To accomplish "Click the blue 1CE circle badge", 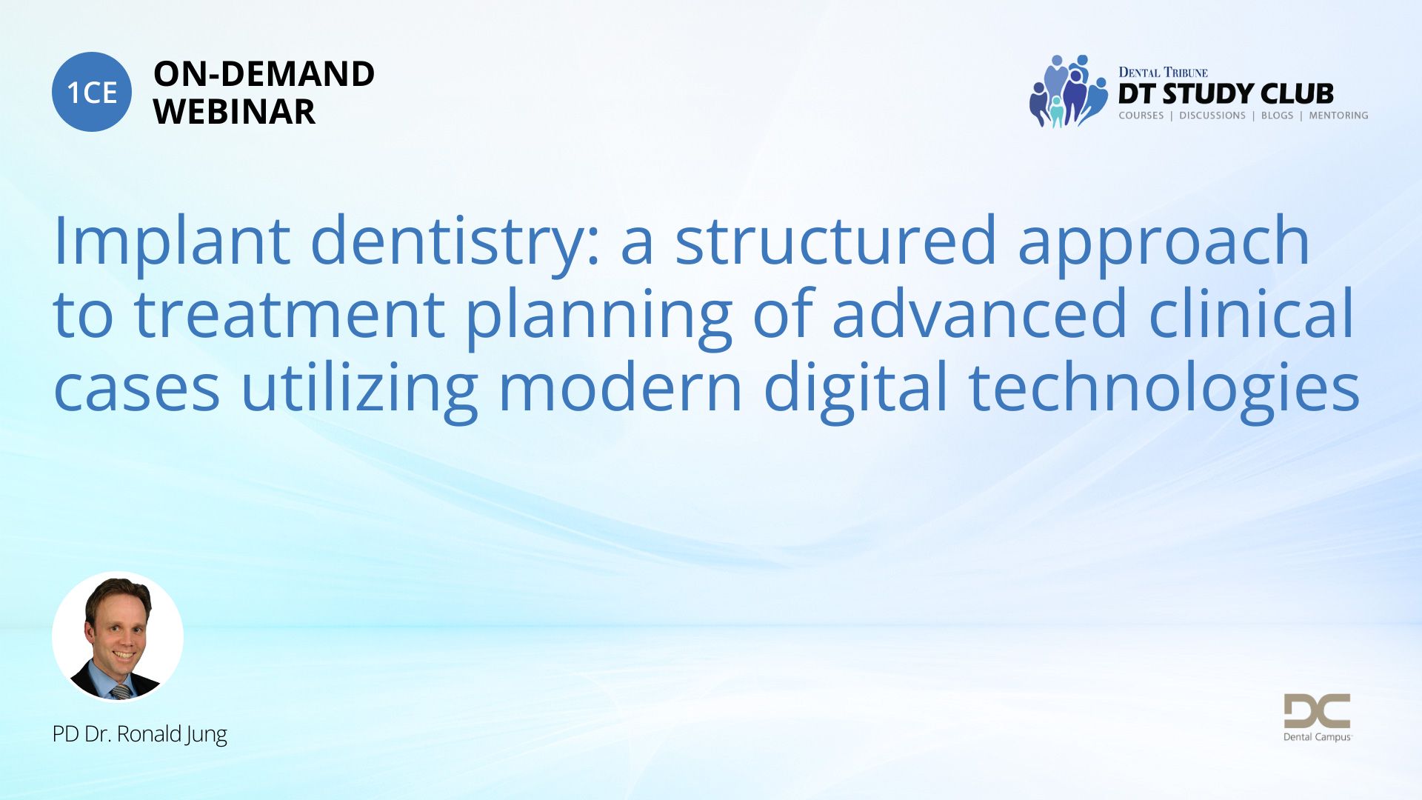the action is point(92,92).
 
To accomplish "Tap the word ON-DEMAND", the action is point(264,74).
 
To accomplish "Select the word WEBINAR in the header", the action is point(234,112).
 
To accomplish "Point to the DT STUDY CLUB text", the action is point(1226,94).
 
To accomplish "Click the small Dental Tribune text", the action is point(1163,72).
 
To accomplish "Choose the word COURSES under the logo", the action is point(1141,116).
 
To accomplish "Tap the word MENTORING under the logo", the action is point(1338,116).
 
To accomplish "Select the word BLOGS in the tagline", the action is point(1277,116).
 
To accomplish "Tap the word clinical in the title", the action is point(1252,311).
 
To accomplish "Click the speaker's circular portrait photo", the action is point(118,636).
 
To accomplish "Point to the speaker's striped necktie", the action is point(121,691).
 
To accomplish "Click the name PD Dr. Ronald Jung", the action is point(139,734).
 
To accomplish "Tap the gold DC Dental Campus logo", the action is point(1317,717).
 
